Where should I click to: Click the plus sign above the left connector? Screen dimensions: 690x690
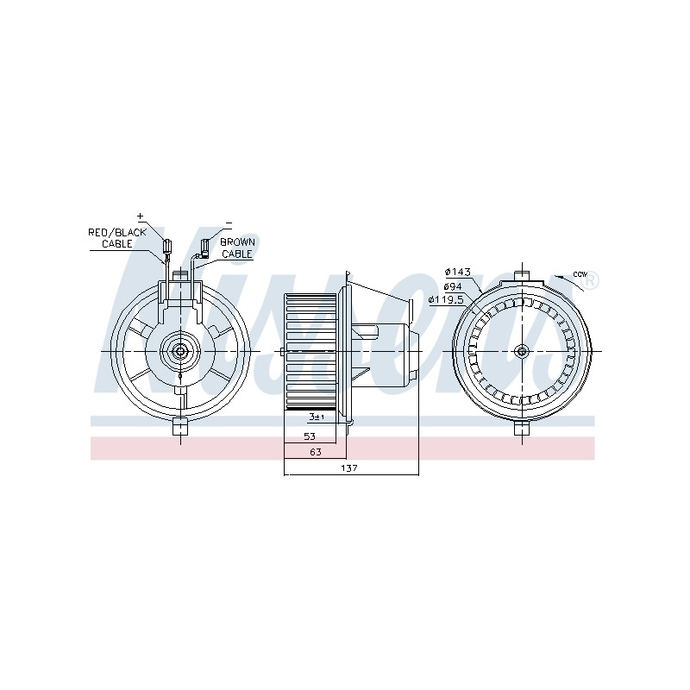[x=141, y=216]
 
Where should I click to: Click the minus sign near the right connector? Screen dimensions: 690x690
[x=229, y=223]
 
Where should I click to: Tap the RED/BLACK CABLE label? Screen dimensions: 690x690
[x=117, y=238]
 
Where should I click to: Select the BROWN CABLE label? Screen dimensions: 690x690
[x=237, y=248]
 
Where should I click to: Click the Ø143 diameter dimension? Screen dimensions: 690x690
[x=458, y=272]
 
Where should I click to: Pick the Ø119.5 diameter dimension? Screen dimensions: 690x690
[x=446, y=300]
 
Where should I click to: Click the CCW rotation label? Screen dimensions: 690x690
[x=580, y=274]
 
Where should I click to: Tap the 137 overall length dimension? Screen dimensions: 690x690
[x=349, y=468]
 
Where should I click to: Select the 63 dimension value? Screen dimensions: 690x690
[x=316, y=451]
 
